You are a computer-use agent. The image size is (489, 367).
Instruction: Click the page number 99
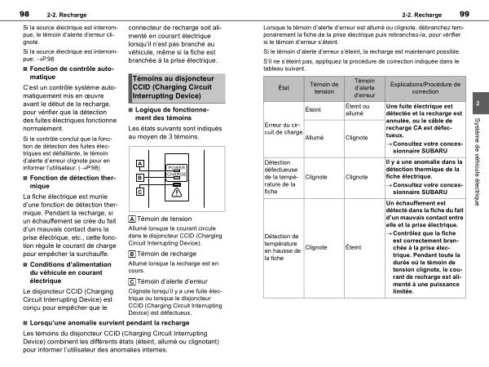[x=464, y=13]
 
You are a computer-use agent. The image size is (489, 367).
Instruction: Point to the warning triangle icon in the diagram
[x=177, y=192]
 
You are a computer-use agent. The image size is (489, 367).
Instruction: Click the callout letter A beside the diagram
[x=140, y=164]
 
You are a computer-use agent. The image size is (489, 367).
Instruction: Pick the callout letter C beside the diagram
[x=140, y=192]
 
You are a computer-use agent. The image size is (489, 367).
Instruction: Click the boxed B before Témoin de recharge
[x=133, y=254]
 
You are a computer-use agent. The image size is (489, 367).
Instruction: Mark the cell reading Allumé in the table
[x=314, y=138]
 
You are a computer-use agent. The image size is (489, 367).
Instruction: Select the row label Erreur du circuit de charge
[x=283, y=128]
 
